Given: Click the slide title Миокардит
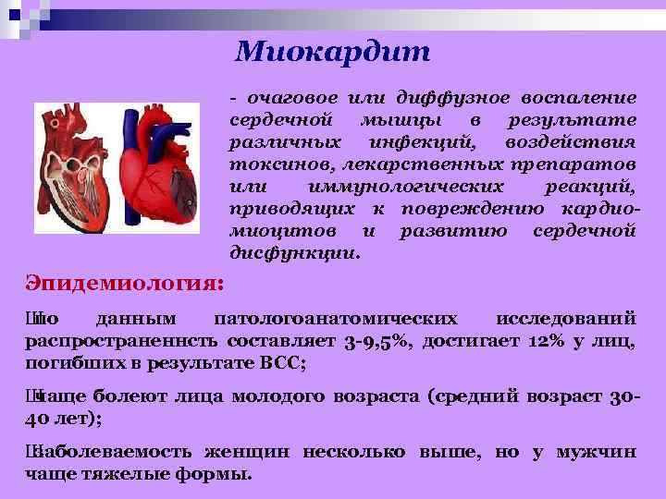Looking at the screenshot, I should tap(332, 51).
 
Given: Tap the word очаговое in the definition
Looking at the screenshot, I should tap(289, 98).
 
